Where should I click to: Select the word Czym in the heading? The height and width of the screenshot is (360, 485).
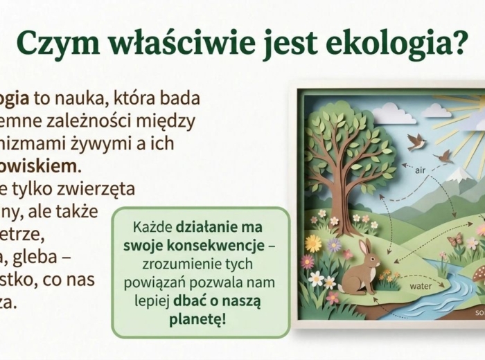(52, 44)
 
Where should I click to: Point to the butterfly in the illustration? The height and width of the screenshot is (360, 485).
(455, 240)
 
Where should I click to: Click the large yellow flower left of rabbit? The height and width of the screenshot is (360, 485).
(314, 243)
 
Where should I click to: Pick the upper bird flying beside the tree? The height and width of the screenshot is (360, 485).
(416, 141)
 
